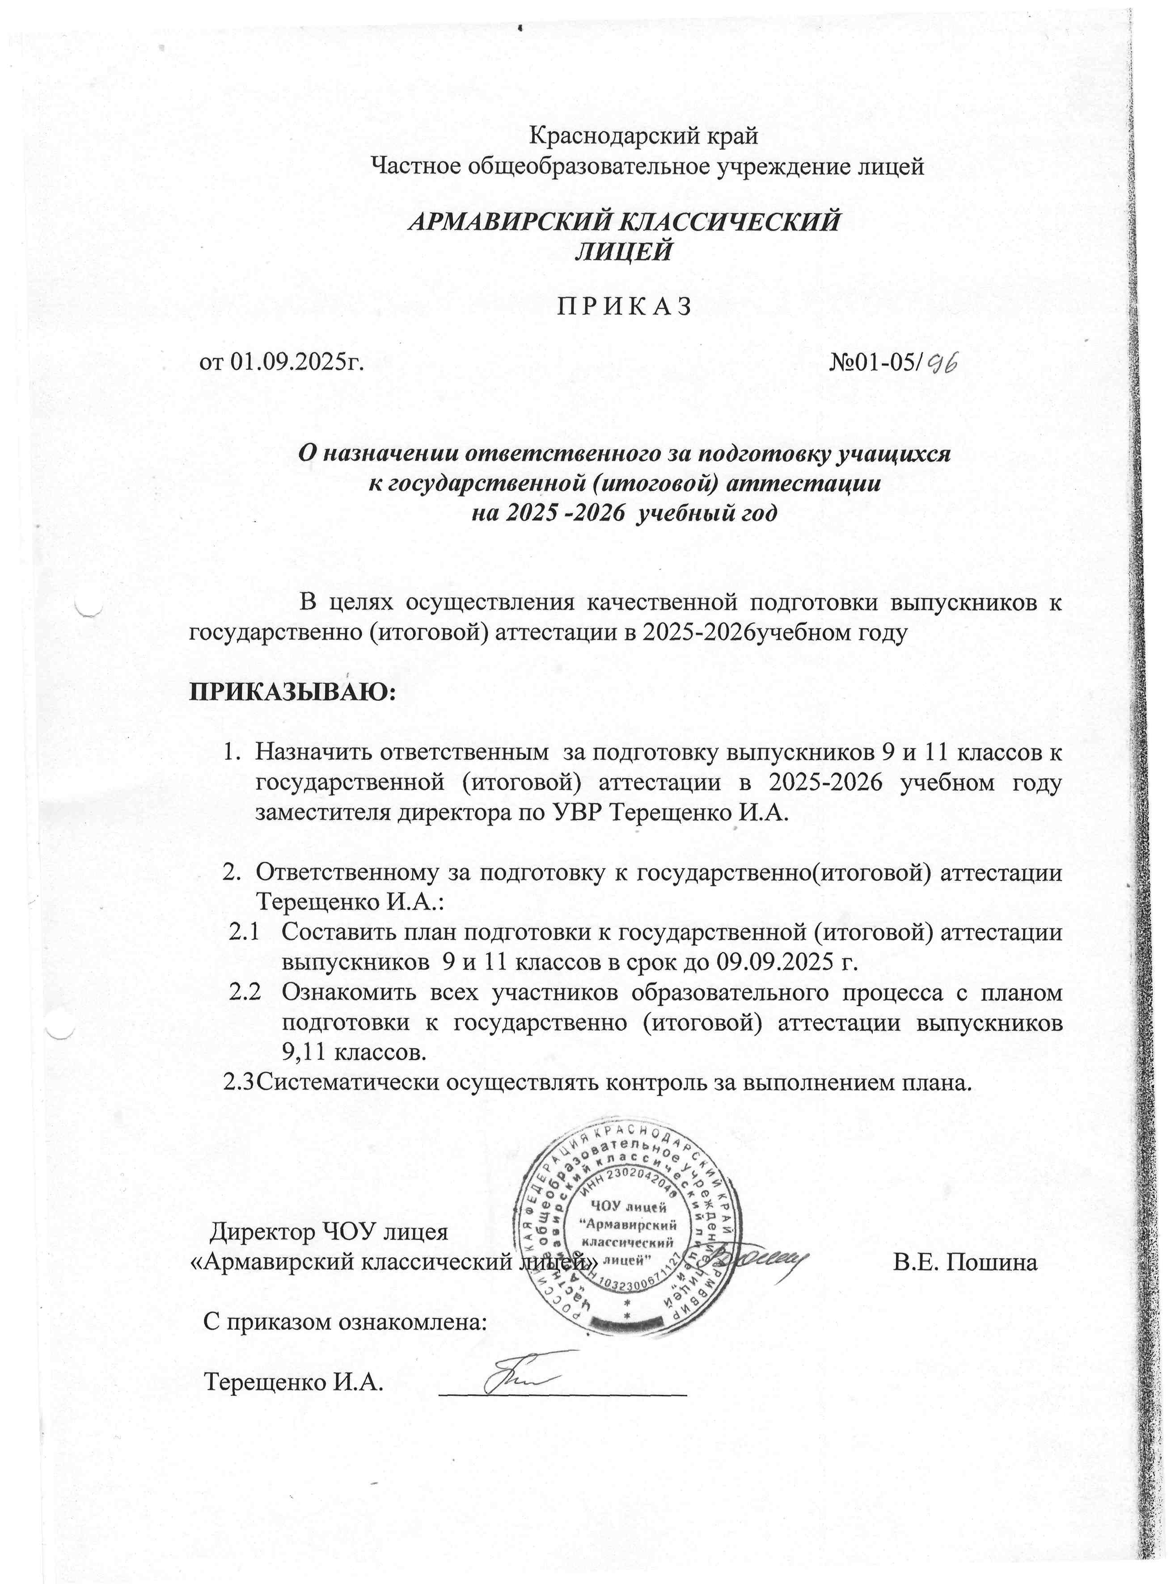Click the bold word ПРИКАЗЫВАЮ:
(292, 691)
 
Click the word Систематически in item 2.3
(348, 1083)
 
